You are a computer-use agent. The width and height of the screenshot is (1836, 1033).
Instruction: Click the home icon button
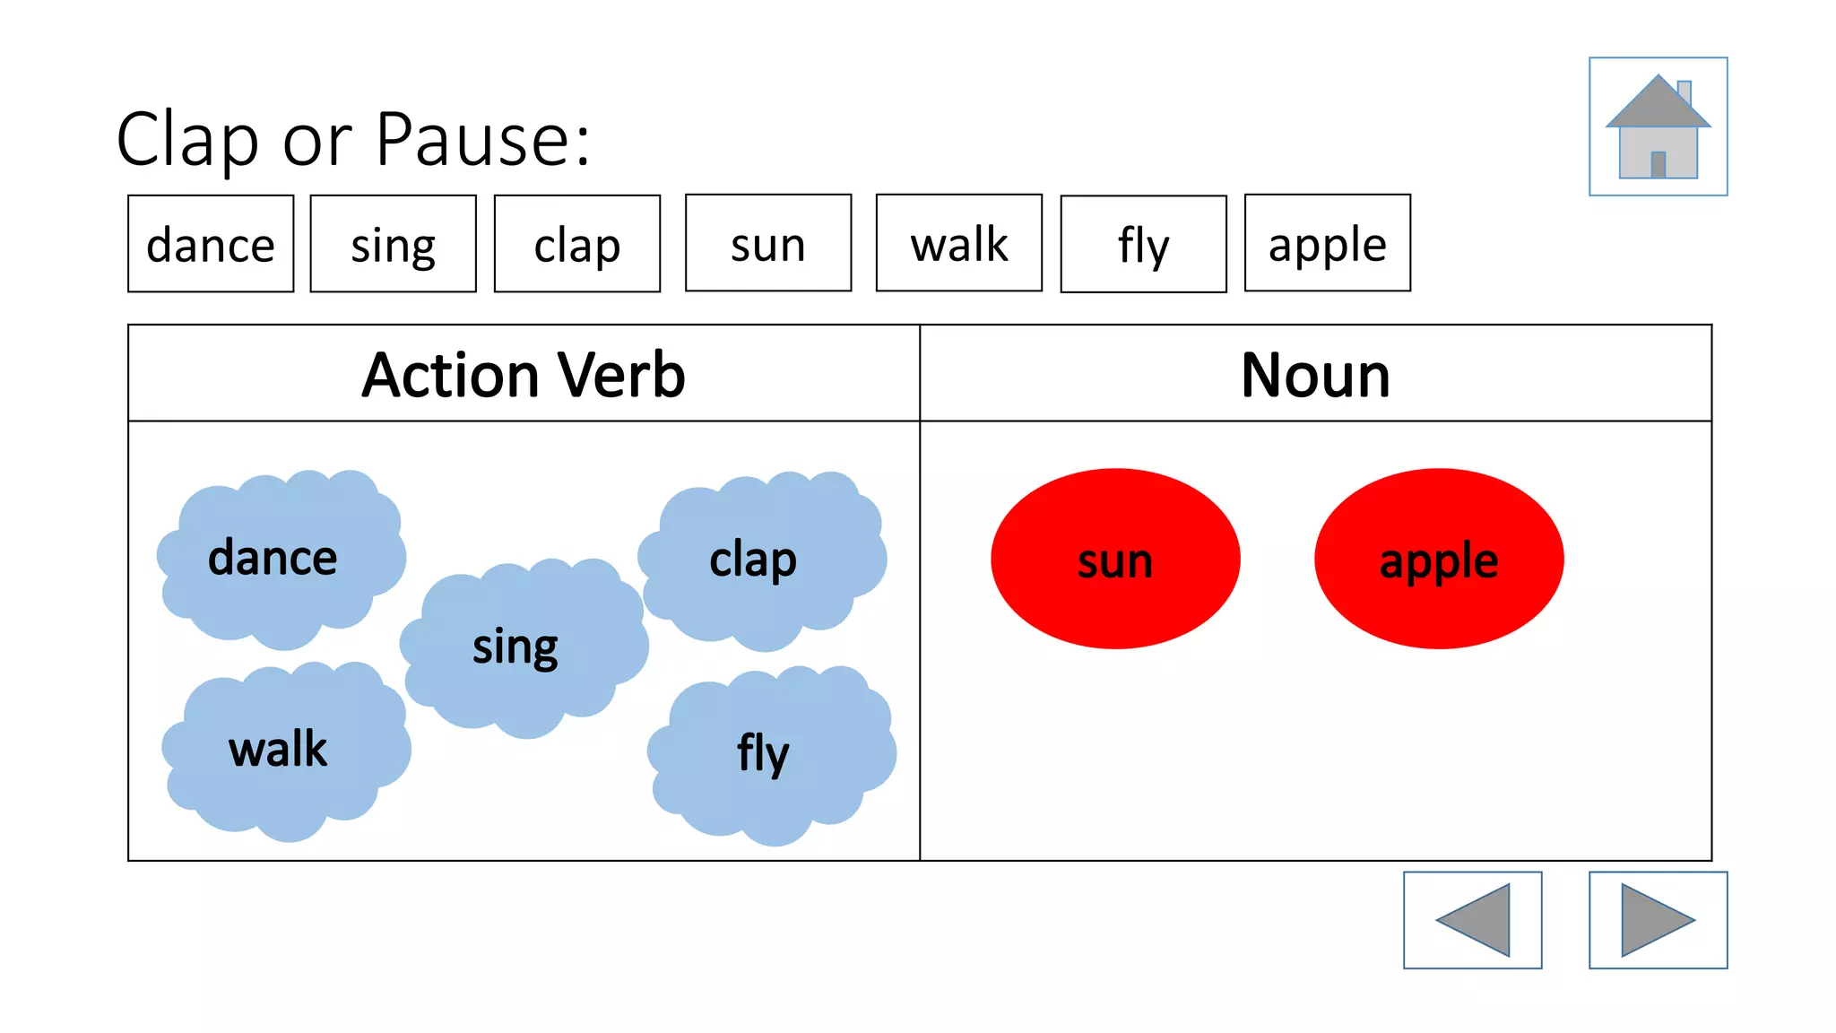[1658, 126]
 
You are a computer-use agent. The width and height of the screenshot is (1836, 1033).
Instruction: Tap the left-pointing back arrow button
[1472, 920]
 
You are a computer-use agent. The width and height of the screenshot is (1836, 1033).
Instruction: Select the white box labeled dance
[211, 244]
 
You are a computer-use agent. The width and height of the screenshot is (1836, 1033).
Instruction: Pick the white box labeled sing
[393, 244]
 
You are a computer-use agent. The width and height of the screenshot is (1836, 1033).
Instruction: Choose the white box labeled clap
[577, 244]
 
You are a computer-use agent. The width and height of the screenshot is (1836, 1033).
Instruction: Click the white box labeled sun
[768, 243]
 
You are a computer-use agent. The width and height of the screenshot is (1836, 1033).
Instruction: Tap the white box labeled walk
[958, 243]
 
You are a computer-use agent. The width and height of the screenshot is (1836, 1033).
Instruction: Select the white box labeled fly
[1143, 244]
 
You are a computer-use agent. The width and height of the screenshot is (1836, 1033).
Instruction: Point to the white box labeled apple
[1327, 243]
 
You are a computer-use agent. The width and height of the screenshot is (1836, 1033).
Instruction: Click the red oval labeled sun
[1115, 559]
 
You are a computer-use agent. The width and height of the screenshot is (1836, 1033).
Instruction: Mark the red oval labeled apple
[1439, 559]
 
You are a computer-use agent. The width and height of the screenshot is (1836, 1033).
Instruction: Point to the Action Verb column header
[524, 374]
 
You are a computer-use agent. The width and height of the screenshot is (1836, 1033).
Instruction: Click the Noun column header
[1315, 374]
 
